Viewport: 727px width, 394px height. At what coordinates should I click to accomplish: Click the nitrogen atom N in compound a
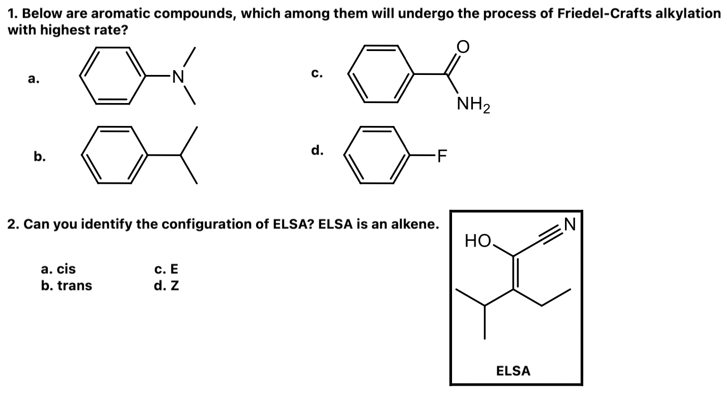point(179,77)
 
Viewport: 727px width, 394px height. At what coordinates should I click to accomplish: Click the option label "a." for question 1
point(34,79)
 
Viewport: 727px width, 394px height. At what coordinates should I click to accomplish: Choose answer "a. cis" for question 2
point(58,269)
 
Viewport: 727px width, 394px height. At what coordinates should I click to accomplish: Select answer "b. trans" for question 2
point(66,285)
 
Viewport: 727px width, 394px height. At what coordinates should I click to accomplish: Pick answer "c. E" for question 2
point(166,269)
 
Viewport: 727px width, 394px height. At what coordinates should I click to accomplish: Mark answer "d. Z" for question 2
point(166,285)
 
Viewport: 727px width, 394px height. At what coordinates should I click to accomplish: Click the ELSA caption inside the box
point(513,371)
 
